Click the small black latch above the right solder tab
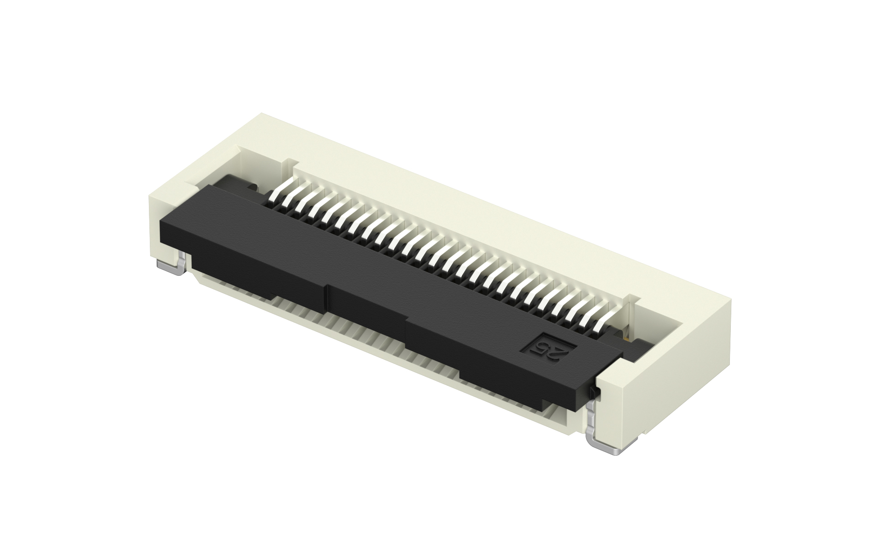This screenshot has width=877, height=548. click(x=594, y=392)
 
